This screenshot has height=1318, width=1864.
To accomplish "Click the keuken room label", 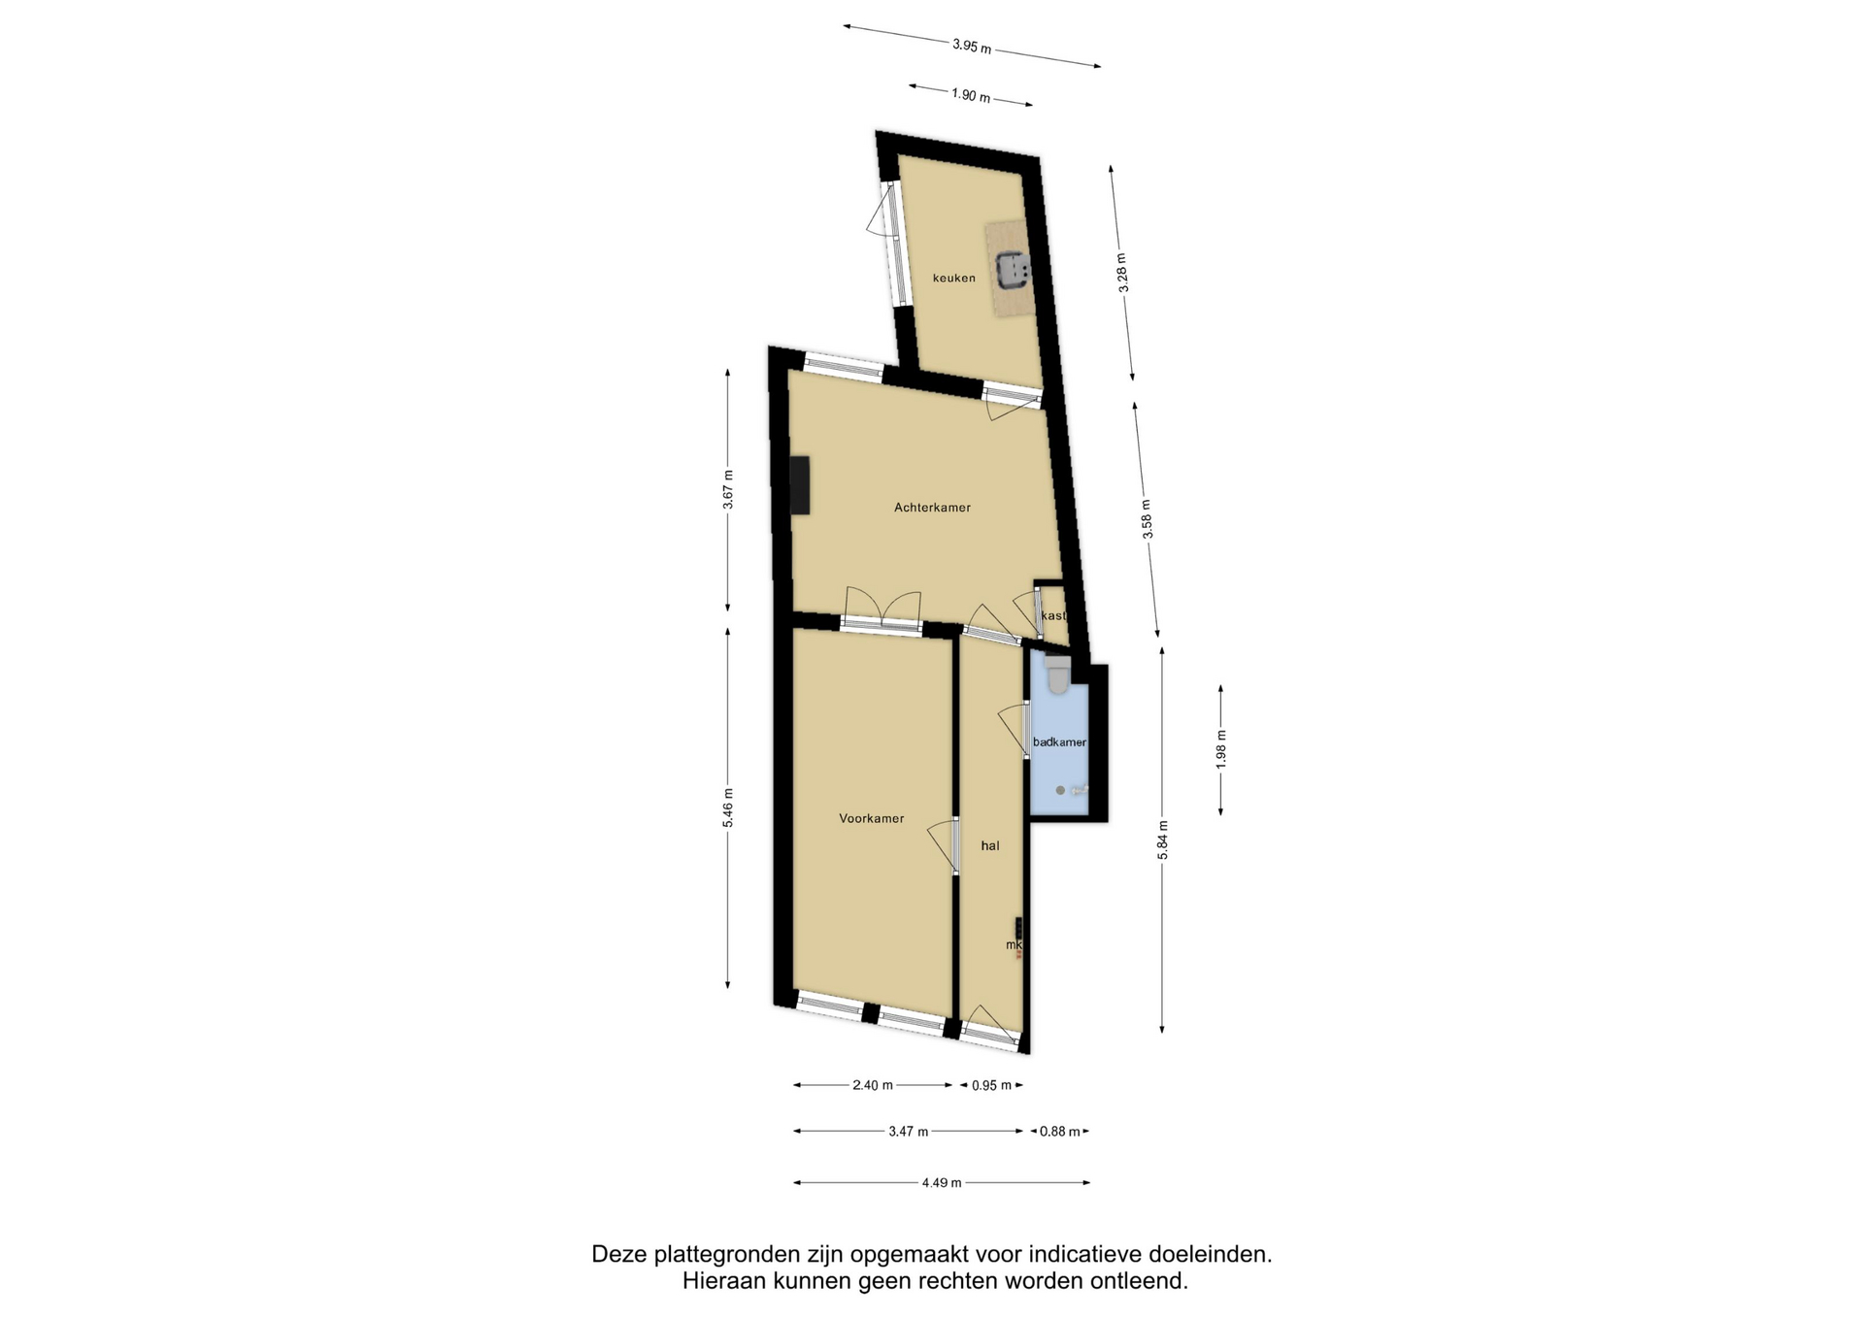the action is point(953,279).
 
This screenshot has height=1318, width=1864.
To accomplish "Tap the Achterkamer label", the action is point(932,508).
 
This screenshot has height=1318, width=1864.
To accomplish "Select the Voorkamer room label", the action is point(871,818).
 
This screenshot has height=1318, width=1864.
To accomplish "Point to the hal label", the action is point(989,846).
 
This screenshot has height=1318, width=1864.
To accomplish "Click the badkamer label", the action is point(1059,742).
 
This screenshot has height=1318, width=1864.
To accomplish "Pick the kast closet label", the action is point(1052,616).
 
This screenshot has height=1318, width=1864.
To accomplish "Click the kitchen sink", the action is point(1013,269).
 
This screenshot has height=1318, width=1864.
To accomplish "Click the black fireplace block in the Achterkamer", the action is point(800,484).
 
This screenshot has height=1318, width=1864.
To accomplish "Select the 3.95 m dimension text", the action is point(972,46).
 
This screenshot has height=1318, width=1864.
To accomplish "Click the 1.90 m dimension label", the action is point(971,95).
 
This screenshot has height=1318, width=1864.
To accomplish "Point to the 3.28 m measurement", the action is point(1122,273).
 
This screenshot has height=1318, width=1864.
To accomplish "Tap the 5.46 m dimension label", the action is point(728,808).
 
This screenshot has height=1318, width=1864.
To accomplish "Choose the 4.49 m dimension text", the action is point(942,1183).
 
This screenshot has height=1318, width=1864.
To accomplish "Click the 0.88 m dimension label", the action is point(1060,1132).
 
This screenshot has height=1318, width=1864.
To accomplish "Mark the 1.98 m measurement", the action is point(1221,749).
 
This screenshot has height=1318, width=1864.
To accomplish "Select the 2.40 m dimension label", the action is point(873,1085).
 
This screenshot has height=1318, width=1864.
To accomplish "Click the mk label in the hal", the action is point(1014,944).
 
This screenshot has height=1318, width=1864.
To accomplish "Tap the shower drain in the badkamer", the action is point(1060,791).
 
